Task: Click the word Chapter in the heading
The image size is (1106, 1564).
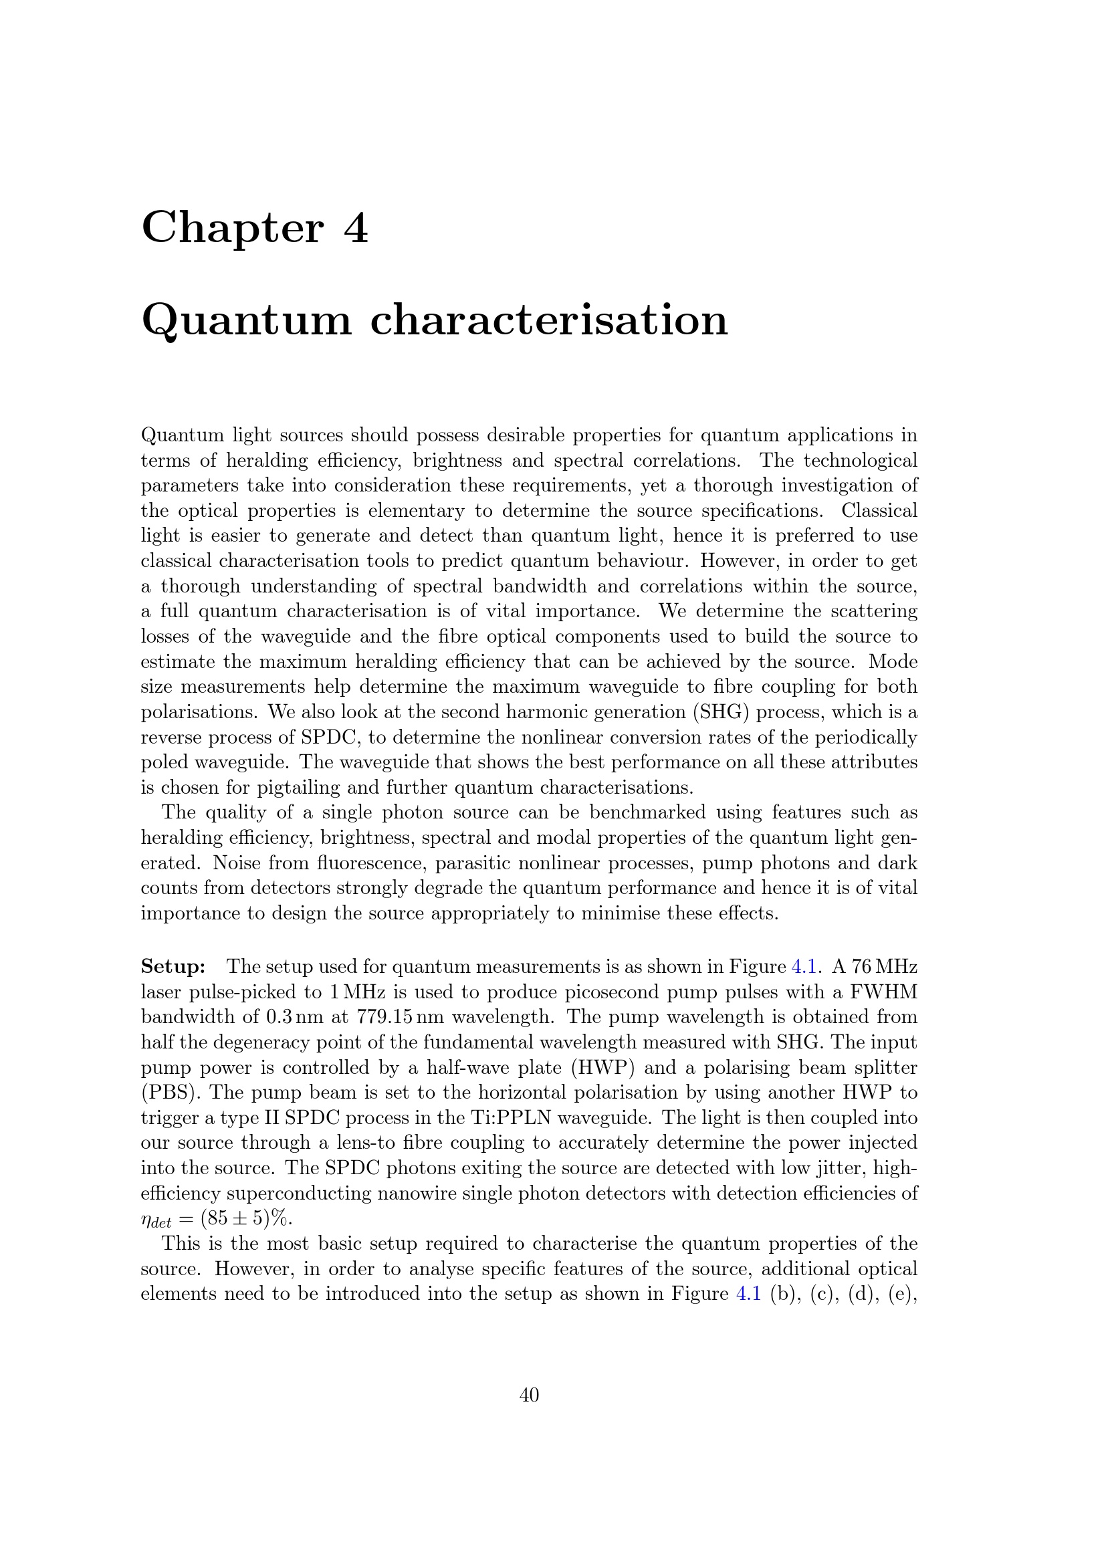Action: coord(231,228)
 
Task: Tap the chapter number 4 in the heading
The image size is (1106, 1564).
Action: coord(356,228)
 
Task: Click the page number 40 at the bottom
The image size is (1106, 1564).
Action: coord(529,1395)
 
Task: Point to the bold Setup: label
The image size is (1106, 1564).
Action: coord(173,967)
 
